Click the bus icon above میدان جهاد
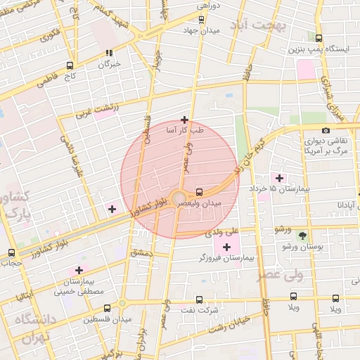click(202, 20)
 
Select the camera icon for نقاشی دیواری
click(326, 130)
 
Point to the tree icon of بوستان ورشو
click(302, 235)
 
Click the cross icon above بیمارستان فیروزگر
click(226, 247)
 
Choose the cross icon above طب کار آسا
click(184, 120)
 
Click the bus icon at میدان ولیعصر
click(200, 191)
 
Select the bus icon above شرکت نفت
click(198, 298)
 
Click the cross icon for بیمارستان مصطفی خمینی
click(78, 270)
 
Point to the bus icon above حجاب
click(11, 252)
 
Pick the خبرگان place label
click(109, 64)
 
